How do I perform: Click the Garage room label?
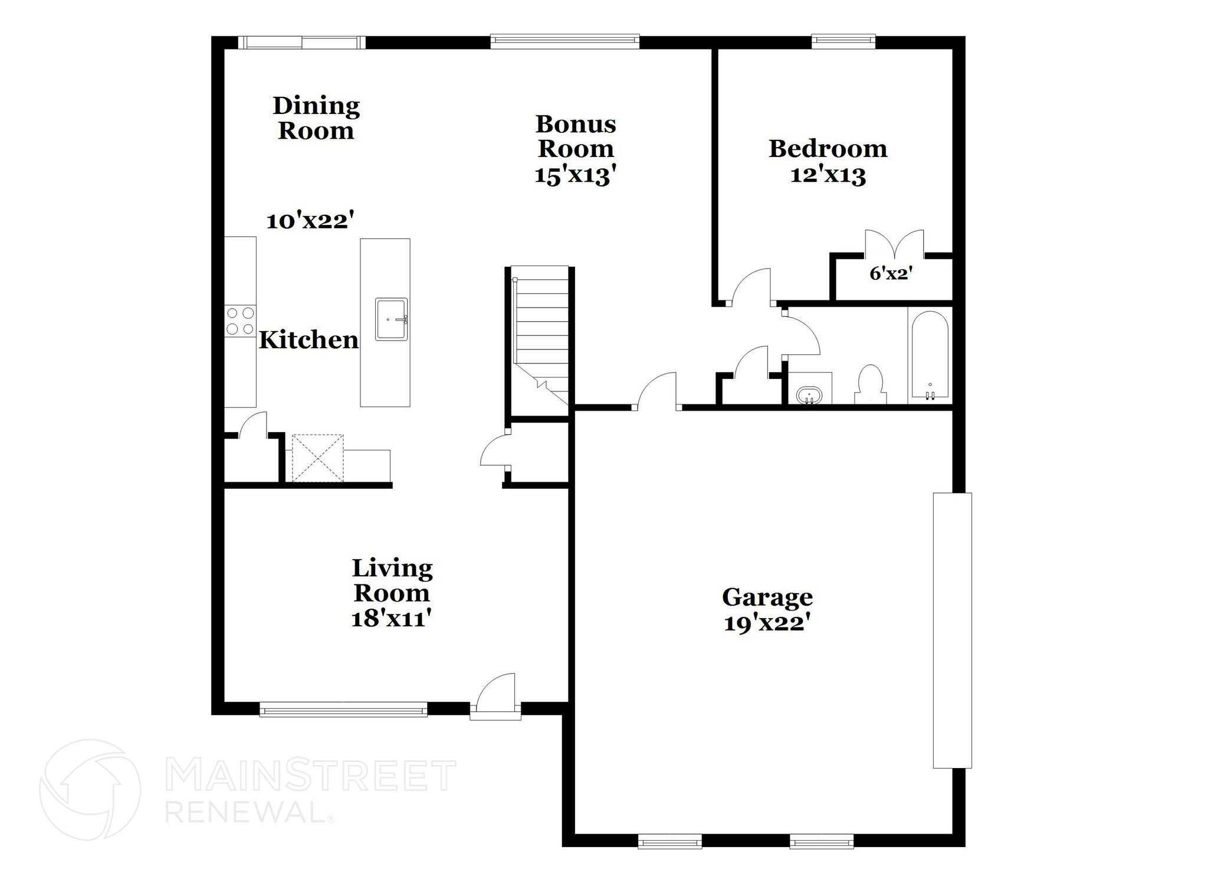click(x=767, y=597)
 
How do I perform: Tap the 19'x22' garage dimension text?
click(x=765, y=623)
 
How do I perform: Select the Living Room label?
click(x=392, y=580)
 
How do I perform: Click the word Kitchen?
click(x=308, y=340)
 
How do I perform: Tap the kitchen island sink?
click(x=391, y=319)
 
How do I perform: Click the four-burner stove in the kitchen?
click(x=240, y=321)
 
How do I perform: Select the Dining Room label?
click(x=316, y=118)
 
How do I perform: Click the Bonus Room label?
click(x=576, y=136)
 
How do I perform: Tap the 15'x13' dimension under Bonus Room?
click(x=576, y=175)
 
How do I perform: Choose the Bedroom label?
click(x=828, y=149)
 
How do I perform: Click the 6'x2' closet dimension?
click(x=891, y=274)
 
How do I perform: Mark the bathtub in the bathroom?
click(x=930, y=354)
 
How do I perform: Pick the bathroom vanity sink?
click(x=809, y=394)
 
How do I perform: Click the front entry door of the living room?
click(x=496, y=697)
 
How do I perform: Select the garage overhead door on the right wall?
click(x=952, y=630)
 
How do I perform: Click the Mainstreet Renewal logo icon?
click(x=90, y=789)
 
